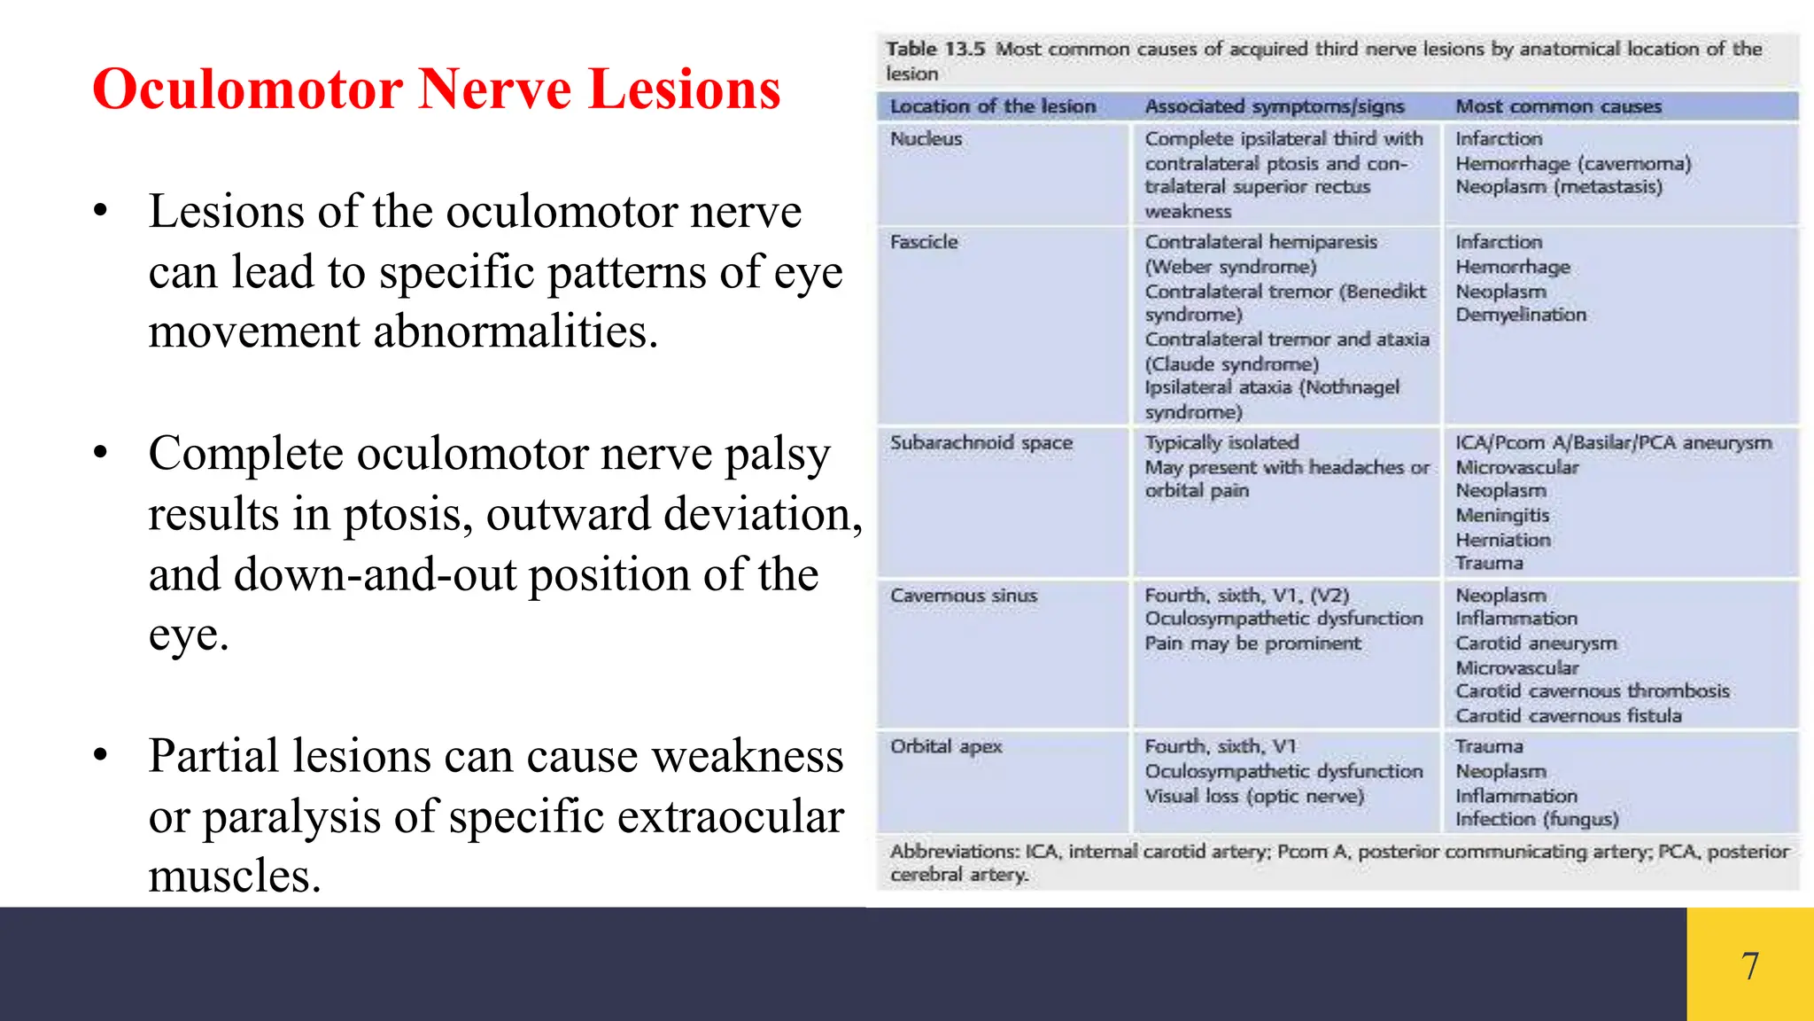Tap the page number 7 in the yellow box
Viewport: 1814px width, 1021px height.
(x=1749, y=965)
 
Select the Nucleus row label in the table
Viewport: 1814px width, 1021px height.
(x=926, y=139)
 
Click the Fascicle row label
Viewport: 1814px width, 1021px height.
(x=924, y=242)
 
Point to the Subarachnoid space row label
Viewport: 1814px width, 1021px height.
(x=981, y=442)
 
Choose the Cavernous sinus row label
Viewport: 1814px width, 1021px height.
(x=963, y=596)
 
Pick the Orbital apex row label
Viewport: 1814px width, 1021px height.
(x=946, y=746)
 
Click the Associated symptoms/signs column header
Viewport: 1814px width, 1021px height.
(x=1274, y=106)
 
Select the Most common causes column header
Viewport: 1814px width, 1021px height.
(x=1558, y=106)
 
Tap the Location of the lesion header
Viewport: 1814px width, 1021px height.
(x=992, y=106)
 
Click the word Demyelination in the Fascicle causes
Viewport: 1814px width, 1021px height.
(x=1521, y=315)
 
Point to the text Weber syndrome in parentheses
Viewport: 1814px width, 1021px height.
(x=1231, y=267)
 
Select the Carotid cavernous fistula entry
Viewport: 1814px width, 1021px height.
(x=1568, y=715)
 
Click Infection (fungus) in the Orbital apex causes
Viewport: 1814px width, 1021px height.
(x=1536, y=819)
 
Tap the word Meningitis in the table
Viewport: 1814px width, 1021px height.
(x=1502, y=515)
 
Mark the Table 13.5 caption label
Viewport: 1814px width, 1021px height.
(x=934, y=49)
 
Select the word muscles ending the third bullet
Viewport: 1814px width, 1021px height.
(x=234, y=877)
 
